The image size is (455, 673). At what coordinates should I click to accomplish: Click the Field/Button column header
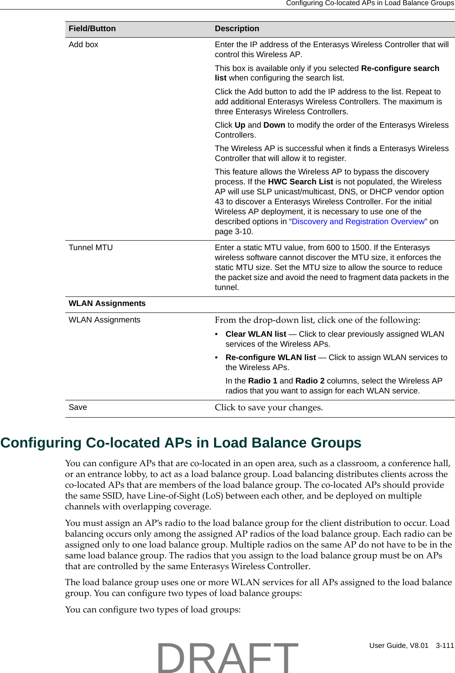point(92,29)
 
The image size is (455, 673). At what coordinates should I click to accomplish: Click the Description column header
point(237,29)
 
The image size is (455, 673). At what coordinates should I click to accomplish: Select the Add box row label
point(83,45)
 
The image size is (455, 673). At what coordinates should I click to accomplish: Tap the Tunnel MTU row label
point(91,248)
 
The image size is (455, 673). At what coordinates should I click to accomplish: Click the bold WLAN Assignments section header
point(107,303)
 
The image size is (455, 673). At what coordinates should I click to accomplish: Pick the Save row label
point(78,407)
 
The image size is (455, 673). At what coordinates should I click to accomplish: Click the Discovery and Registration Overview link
point(358,222)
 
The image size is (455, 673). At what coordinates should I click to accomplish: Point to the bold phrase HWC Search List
point(300,182)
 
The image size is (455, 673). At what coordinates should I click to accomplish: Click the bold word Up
point(240,125)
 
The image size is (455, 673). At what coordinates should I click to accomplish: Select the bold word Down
point(274,125)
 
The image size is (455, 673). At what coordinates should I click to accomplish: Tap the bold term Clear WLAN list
point(256,334)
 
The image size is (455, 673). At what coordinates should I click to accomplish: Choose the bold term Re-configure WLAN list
point(271,357)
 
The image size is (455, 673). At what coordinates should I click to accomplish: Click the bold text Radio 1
point(263,381)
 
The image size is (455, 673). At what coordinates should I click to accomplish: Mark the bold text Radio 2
point(310,381)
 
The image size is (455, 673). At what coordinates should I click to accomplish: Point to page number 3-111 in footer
point(445,645)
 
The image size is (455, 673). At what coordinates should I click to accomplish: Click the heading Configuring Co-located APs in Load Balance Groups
point(181,443)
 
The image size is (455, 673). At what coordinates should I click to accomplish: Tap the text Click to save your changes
point(269,408)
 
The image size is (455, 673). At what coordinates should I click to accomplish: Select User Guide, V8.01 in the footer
point(398,645)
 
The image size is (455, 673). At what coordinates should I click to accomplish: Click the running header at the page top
point(370,3)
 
